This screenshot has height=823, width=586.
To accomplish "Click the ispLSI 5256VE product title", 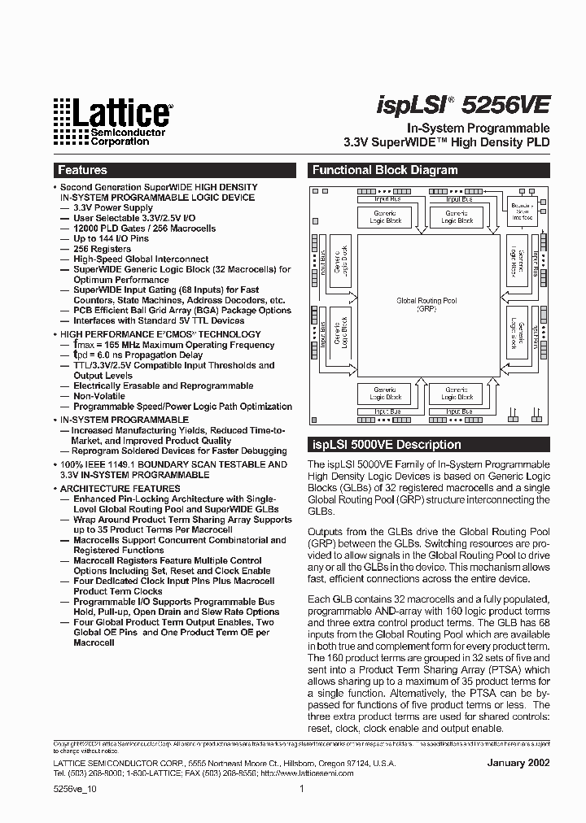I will tap(463, 106).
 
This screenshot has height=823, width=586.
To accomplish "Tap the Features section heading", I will tap(82, 171).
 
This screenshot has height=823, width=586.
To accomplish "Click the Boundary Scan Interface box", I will tap(522, 213).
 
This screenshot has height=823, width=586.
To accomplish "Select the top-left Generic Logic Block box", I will tap(387, 217).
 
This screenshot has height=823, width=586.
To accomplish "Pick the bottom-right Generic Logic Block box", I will tap(457, 394).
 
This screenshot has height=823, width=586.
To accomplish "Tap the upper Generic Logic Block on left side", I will tap(340, 264).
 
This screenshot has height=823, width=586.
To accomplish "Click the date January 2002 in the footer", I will tap(518, 763).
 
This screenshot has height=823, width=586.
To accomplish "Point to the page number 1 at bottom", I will tap(302, 788).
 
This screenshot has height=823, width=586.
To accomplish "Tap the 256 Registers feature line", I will tap(103, 249).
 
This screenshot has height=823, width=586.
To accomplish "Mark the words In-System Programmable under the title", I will tap(478, 128).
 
